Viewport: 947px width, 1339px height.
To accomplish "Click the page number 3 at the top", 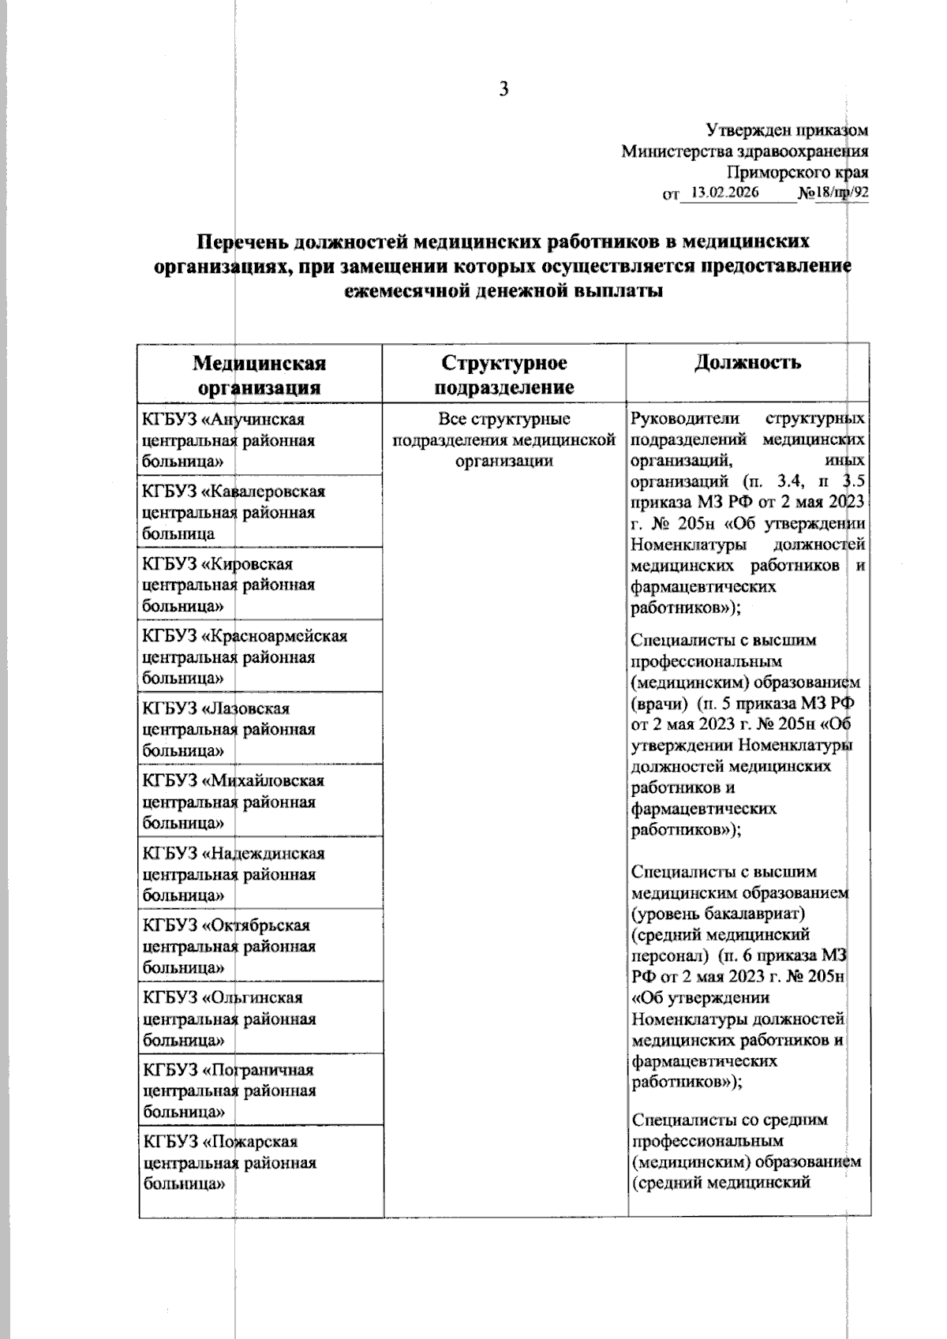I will pyautogui.click(x=503, y=89).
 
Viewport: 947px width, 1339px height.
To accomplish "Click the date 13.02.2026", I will pyautogui.click(x=724, y=192).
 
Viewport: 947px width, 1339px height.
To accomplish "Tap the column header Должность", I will pyautogui.click(x=748, y=362).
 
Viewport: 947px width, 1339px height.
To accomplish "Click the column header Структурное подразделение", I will pyautogui.click(x=504, y=375).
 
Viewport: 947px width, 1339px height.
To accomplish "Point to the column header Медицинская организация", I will pyautogui.click(x=260, y=375).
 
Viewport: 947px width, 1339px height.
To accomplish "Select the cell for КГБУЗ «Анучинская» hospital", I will pyautogui.click(x=260, y=440).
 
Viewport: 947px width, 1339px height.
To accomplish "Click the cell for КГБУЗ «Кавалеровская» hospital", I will pyautogui.click(x=260, y=512).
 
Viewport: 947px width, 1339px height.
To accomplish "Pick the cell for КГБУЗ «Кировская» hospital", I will pyautogui.click(x=260, y=585).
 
